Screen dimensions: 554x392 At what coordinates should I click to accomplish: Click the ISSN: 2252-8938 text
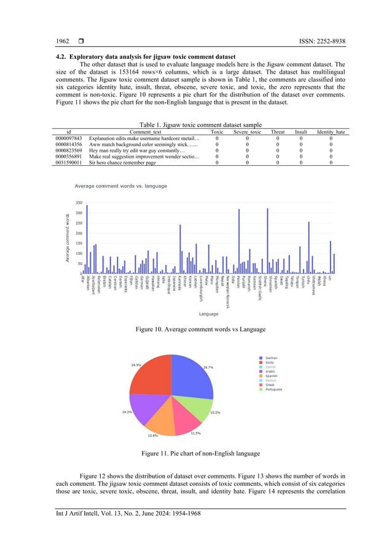(317, 41)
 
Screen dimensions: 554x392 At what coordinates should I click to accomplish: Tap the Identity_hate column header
(331, 131)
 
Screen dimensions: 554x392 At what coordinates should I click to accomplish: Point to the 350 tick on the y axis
(79, 203)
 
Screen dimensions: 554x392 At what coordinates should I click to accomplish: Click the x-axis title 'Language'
(208, 314)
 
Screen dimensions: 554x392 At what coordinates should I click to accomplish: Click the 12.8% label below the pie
(153, 436)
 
